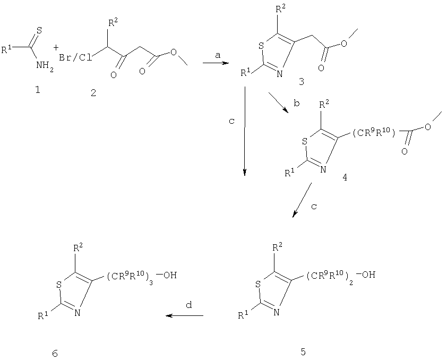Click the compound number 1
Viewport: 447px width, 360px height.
pos(37,90)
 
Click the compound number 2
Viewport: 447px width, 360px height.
pos(93,92)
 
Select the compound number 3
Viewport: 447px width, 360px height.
pos(302,82)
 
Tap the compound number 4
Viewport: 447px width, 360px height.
pos(345,177)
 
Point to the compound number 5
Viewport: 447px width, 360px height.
pos(303,352)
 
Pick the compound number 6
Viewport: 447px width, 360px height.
pos(55,354)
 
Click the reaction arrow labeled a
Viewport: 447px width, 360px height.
pos(216,63)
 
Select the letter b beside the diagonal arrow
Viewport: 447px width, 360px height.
pos(296,103)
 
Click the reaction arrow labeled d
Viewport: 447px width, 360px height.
pos(185,315)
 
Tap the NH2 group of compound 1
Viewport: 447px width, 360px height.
pos(45,66)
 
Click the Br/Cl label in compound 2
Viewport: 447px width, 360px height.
pos(75,58)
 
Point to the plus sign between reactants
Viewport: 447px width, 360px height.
pos(56,47)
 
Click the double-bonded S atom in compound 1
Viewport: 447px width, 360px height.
pos(39,30)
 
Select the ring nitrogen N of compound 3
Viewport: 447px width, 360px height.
pos(280,74)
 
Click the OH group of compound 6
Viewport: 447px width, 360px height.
pos(170,276)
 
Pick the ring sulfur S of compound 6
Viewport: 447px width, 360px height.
pos(59,285)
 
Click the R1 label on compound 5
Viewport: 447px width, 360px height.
pos(242,315)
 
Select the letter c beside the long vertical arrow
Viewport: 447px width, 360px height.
pos(232,122)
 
